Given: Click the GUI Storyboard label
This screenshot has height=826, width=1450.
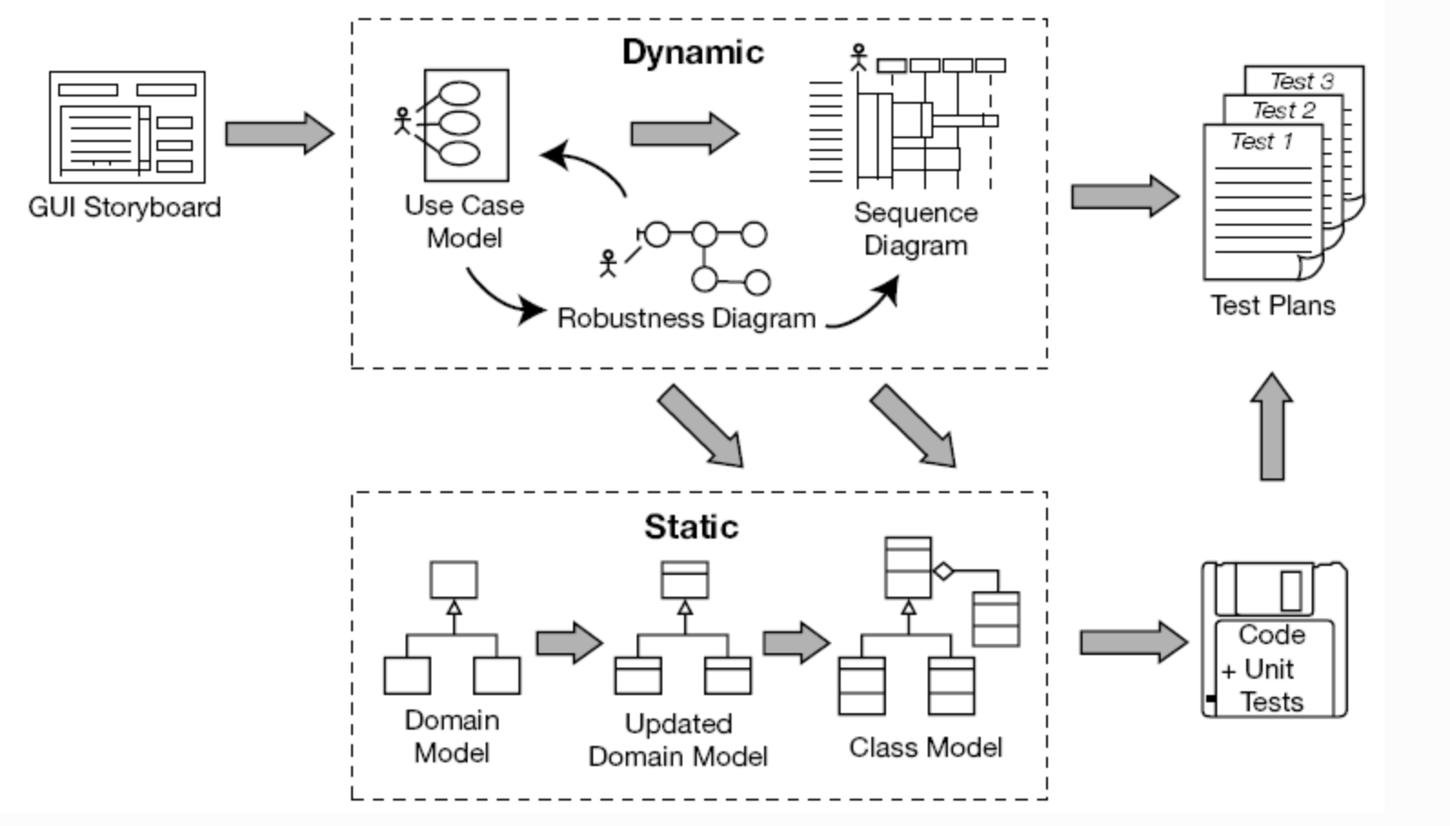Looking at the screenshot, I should click(x=125, y=207).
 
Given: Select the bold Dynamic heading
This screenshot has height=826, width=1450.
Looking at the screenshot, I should click(x=692, y=52).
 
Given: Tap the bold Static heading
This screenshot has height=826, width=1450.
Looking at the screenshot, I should click(x=691, y=527).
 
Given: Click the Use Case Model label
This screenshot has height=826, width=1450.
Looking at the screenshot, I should click(x=464, y=221).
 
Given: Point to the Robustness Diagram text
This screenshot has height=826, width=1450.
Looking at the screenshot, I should click(x=686, y=318).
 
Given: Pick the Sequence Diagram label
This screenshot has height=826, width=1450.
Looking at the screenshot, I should click(x=915, y=228).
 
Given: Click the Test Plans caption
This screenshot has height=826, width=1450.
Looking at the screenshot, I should click(x=1272, y=305).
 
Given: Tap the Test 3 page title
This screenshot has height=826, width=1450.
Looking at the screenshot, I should click(x=1301, y=81).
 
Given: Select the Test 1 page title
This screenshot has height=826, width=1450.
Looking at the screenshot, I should click(x=1261, y=141).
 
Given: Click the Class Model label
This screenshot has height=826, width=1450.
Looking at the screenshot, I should click(x=925, y=747).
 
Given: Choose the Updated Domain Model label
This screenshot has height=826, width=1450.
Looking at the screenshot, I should click(x=678, y=740).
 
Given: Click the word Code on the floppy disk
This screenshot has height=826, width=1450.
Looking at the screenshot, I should click(x=1272, y=634).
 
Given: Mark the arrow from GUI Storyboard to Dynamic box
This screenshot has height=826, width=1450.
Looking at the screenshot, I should click(x=279, y=134).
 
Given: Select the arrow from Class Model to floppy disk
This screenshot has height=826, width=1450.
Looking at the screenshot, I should click(x=1133, y=643).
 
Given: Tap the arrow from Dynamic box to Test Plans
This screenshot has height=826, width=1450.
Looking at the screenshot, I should click(x=1125, y=196).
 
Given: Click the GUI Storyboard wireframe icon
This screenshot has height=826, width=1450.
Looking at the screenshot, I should click(x=127, y=127).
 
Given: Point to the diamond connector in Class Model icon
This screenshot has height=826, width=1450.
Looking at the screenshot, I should click(x=943, y=571).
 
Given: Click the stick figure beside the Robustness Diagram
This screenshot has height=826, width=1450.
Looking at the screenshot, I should click(x=608, y=263).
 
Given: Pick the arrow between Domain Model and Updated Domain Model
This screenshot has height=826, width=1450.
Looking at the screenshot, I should click(x=569, y=643).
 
